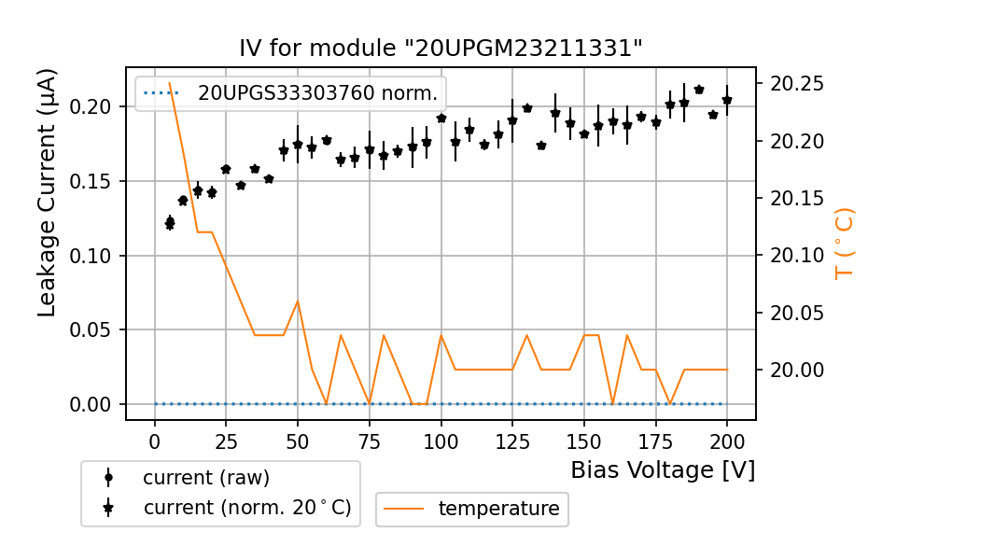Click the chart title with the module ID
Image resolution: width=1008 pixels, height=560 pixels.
tap(441, 49)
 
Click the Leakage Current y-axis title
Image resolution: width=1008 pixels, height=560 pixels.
tap(48, 191)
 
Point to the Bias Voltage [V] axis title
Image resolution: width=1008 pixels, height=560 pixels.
tap(663, 469)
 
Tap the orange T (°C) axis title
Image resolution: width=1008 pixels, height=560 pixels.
tap(845, 243)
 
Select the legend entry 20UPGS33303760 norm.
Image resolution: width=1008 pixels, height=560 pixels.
tap(317, 93)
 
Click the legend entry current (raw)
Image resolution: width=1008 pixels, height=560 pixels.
tap(205, 478)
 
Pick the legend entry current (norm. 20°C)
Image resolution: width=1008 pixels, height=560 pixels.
tap(246, 508)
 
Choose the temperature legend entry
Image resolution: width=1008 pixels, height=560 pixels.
tap(498, 509)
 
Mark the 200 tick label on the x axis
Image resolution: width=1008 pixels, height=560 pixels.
tap(727, 440)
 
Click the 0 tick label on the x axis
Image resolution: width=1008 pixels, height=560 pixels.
tap(155, 440)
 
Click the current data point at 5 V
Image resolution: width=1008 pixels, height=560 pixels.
tap(169, 222)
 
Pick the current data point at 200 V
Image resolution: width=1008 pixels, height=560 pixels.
tap(727, 100)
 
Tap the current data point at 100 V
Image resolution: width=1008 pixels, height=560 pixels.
tap(441, 119)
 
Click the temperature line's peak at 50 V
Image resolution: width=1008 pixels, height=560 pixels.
tap(298, 301)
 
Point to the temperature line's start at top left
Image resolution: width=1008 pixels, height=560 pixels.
tap(169, 83)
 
